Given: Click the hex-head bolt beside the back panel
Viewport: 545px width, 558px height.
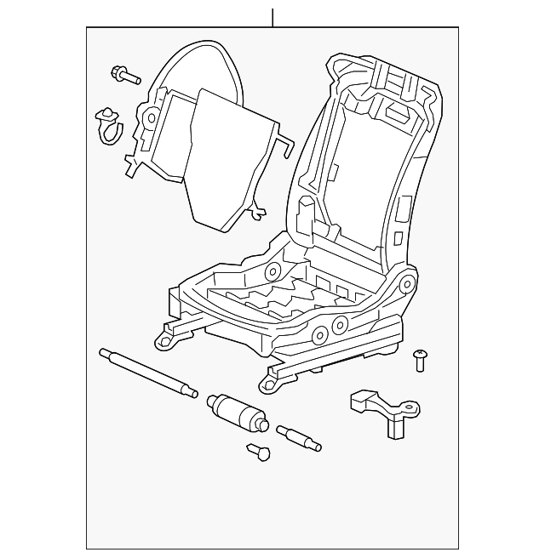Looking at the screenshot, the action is tap(125, 77).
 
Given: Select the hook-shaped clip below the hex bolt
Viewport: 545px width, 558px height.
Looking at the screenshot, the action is tap(110, 123).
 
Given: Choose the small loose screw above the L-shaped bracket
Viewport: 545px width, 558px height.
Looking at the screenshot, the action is tap(419, 361).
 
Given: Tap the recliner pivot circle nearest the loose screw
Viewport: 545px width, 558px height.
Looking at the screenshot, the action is tap(407, 284).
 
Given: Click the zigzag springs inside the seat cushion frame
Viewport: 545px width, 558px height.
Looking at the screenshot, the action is tap(281, 303).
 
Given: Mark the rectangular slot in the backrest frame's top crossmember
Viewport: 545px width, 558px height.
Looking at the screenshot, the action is tap(396, 111).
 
